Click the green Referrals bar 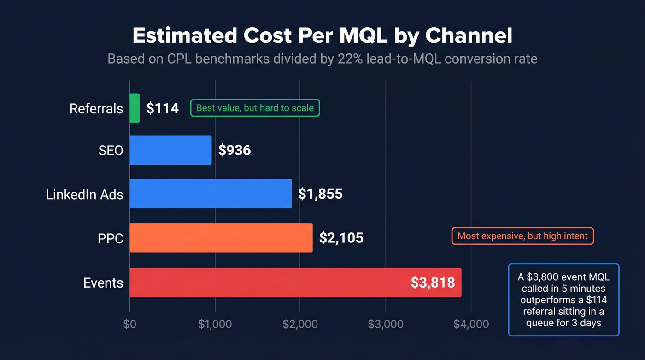135,108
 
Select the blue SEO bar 170,150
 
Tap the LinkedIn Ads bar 211,194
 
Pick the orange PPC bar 221,238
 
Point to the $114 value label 162,108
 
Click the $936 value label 235,150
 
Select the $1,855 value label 320,194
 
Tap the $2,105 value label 341,238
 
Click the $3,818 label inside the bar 433,283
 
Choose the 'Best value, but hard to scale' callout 255,108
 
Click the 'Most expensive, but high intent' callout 522,236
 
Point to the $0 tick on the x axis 130,324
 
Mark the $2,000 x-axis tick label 300,324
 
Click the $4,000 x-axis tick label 471,324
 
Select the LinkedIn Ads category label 84,194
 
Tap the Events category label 103,283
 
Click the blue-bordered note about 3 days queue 563,300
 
